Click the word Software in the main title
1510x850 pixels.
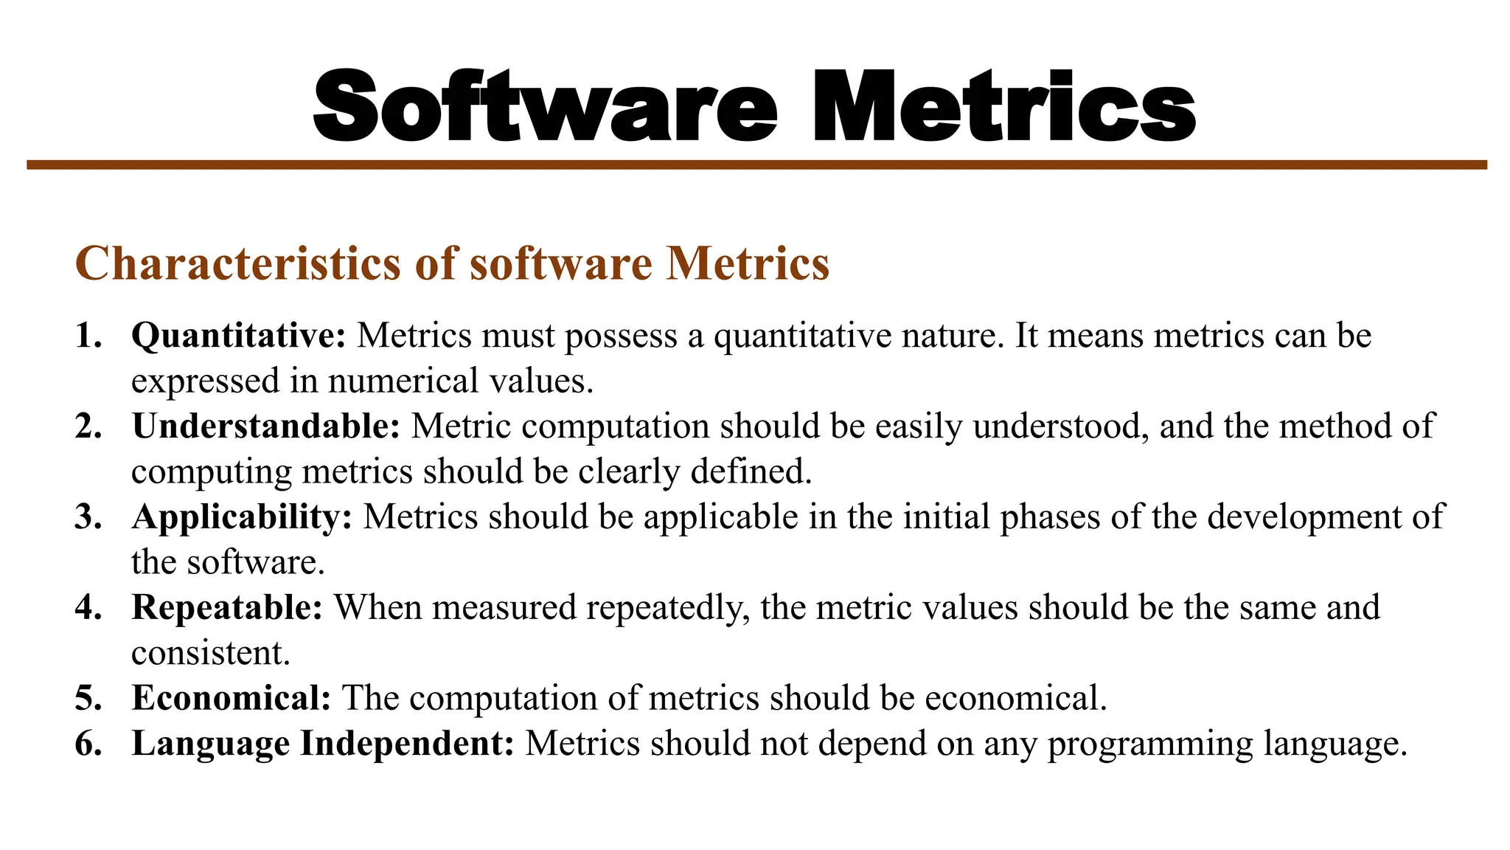pyautogui.click(x=545, y=107)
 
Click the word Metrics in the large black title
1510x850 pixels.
pyautogui.click(x=1003, y=107)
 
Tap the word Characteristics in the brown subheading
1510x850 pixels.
pyautogui.click(x=238, y=263)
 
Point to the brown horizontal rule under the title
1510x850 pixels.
pyautogui.click(x=756, y=165)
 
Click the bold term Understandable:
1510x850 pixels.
pyautogui.click(x=266, y=426)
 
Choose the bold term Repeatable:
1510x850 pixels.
pyautogui.click(x=227, y=608)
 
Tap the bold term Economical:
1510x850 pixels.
pyautogui.click(x=232, y=698)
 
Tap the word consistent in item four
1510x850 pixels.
pyautogui.click(x=211, y=653)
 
